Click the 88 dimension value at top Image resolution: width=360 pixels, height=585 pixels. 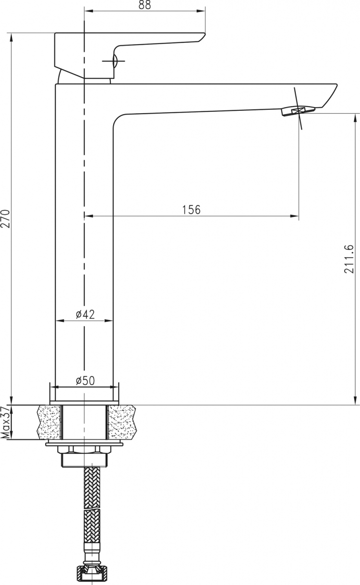[x=144, y=5]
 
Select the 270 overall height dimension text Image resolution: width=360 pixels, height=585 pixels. [x=5, y=219]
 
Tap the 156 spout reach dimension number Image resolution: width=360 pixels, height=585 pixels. [x=191, y=210]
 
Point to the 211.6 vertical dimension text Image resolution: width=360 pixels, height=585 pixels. [x=349, y=259]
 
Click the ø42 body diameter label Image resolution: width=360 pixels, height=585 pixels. [x=85, y=314]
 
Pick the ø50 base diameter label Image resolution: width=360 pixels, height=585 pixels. [x=85, y=381]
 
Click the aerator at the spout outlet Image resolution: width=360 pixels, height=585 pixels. [x=298, y=110]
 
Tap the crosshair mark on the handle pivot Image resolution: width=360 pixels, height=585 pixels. [x=114, y=61]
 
